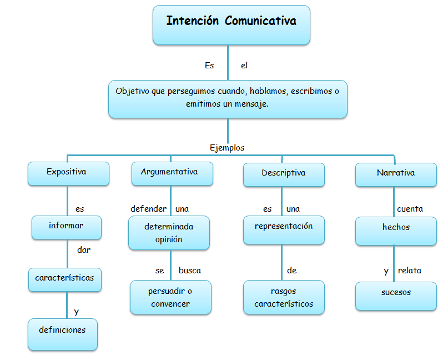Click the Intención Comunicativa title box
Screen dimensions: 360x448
[231, 24]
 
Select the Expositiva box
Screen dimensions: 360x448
[66, 173]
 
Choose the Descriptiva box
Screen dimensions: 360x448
[284, 173]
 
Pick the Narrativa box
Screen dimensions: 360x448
[395, 173]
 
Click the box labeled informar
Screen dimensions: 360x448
[66, 227]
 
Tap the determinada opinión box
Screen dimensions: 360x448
[169, 233]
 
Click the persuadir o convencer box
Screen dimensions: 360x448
[170, 297]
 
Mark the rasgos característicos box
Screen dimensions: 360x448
[284, 297]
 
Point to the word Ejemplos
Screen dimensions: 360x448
[227, 148]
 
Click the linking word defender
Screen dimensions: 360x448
[148, 209]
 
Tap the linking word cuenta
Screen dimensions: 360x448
[410, 209]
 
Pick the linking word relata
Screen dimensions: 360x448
[409, 271]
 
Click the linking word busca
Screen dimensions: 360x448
[189, 271]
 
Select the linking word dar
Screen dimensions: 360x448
[84, 249]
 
